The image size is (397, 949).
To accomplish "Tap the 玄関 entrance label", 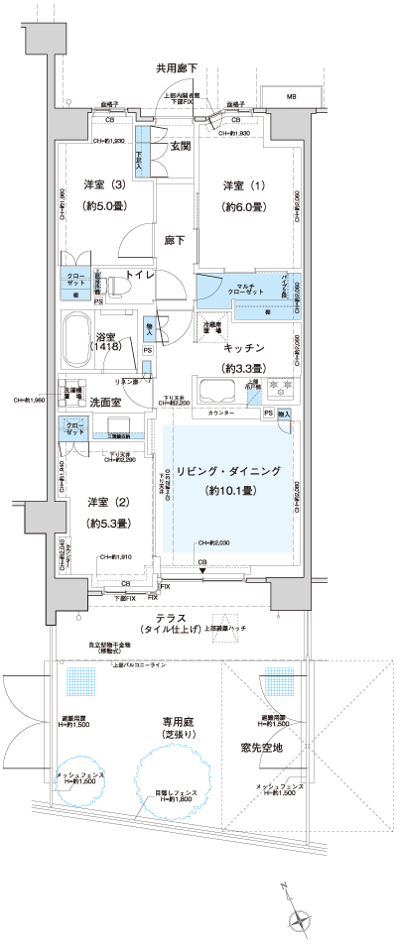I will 180,148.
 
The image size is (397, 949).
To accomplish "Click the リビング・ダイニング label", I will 227,470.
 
